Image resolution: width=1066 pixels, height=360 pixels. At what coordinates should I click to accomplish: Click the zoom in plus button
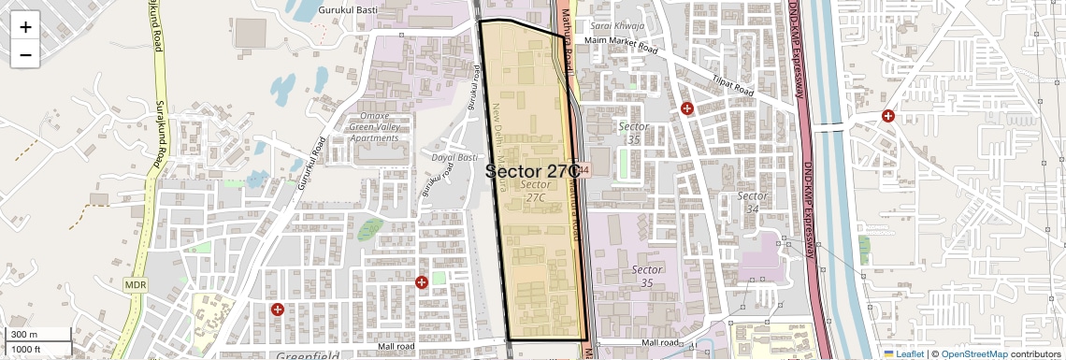point(25,26)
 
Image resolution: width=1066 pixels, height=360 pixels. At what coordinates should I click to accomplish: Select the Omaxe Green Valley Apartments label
point(373,126)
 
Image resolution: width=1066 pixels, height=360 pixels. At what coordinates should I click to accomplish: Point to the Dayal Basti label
point(454,157)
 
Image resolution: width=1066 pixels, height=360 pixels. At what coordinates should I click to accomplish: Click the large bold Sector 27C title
point(533,171)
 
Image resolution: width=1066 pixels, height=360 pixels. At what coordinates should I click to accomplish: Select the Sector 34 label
point(753,202)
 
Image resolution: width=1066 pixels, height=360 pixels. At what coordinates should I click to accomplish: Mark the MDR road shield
point(135,283)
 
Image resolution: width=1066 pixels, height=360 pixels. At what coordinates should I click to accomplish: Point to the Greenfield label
point(308,356)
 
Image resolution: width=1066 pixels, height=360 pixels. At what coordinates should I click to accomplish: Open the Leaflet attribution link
point(909,354)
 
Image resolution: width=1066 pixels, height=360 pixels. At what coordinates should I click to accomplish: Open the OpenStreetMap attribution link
point(974,354)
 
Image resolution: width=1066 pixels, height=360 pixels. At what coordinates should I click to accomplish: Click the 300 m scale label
point(24,335)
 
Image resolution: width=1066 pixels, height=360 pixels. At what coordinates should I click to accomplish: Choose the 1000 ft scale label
point(26,349)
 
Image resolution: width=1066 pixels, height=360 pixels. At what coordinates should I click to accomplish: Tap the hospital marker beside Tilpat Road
point(687,108)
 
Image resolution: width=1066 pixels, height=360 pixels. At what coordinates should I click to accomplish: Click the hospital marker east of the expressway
point(887,116)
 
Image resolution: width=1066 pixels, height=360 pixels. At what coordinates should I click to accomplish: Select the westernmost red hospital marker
point(277,309)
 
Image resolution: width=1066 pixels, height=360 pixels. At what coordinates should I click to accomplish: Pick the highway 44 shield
point(583,170)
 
